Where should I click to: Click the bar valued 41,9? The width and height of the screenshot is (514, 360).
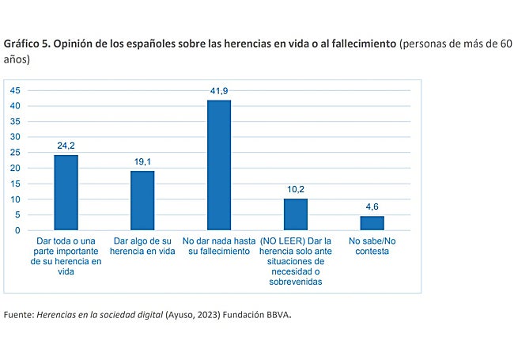click(x=219, y=165)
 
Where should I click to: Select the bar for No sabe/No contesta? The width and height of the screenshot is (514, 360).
click(x=372, y=223)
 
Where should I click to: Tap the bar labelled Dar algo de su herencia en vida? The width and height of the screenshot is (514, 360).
click(x=142, y=201)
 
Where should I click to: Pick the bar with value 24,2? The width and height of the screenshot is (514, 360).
click(x=66, y=193)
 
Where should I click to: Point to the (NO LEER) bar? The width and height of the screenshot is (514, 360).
click(x=296, y=214)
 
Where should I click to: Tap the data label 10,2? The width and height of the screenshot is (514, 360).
click(x=296, y=191)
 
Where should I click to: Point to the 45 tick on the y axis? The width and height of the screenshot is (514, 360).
click(x=16, y=90)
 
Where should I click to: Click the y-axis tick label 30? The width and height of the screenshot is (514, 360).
click(x=16, y=137)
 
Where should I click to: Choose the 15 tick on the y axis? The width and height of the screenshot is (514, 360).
click(x=16, y=184)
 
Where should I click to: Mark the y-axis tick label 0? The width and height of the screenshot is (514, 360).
click(x=18, y=230)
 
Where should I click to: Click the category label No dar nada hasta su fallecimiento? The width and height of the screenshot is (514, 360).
click(x=219, y=245)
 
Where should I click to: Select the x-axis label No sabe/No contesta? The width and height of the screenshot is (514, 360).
click(x=372, y=245)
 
